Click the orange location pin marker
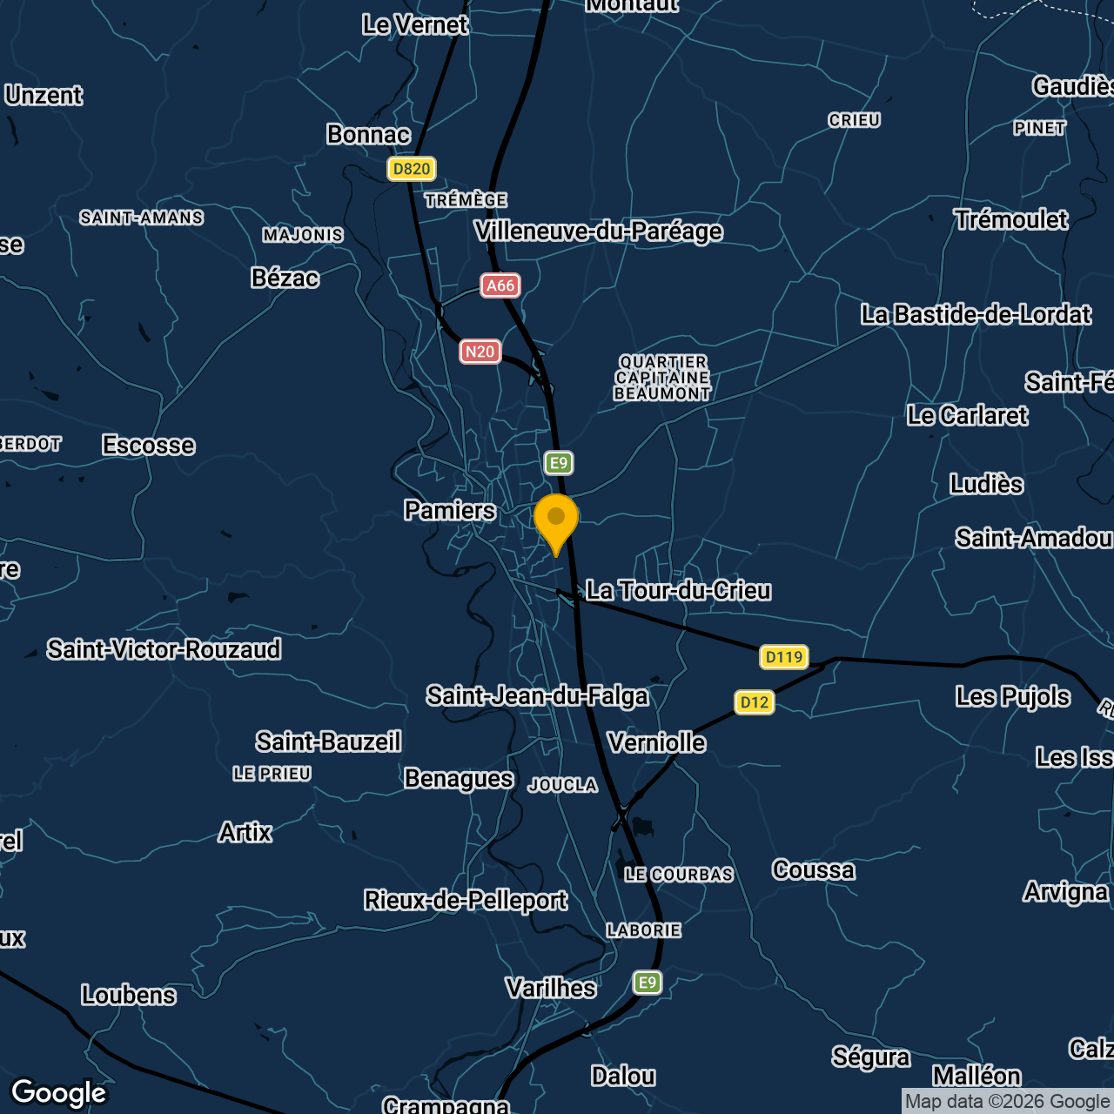[x=556, y=520]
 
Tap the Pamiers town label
[x=450, y=510]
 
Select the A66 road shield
[x=500, y=285]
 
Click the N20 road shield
[x=480, y=352]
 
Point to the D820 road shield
[x=412, y=169]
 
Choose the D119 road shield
[x=784, y=657]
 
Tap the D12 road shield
[x=755, y=702]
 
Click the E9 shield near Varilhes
[x=647, y=983]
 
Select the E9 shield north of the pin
[x=559, y=463]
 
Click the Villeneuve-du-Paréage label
[x=599, y=232]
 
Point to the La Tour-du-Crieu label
[x=678, y=591]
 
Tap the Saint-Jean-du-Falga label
[x=537, y=696]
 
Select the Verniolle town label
[x=657, y=742]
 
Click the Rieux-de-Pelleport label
[x=466, y=900]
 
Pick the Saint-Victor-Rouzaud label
[x=164, y=649]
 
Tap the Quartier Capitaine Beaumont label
[x=662, y=378]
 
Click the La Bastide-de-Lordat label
[x=976, y=314]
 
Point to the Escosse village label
[x=149, y=446]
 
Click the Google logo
[x=59, y=1092]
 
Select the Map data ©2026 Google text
[x=1007, y=1102]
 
